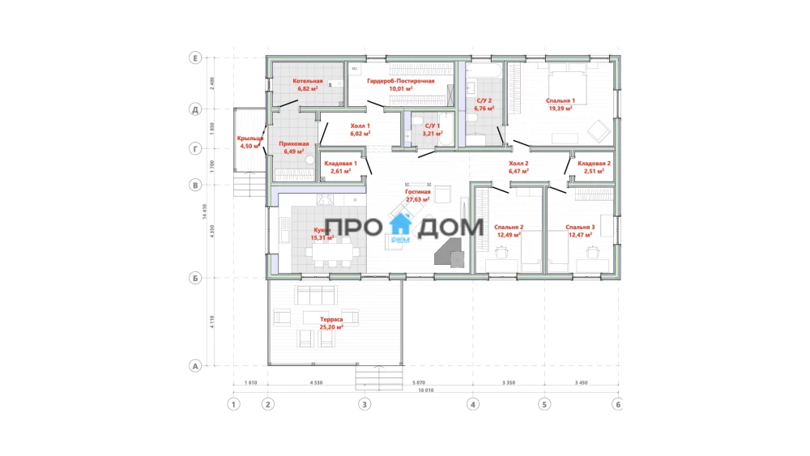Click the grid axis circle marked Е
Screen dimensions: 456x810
point(194,58)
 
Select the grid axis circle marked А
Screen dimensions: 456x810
point(194,366)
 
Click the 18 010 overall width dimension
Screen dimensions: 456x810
point(425,390)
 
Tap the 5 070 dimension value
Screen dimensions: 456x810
point(419,381)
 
